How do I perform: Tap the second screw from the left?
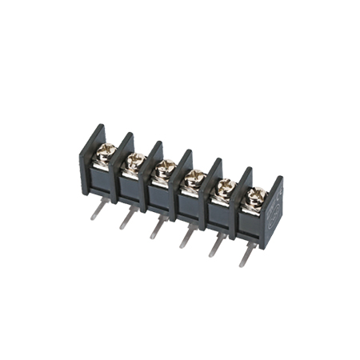pos(134,160)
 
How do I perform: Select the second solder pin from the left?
pos(126,217)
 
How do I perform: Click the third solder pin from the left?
pos(154,227)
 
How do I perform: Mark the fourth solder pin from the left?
pos(185,237)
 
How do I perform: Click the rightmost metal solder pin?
pos(245,255)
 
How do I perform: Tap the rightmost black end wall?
pos(274,208)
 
